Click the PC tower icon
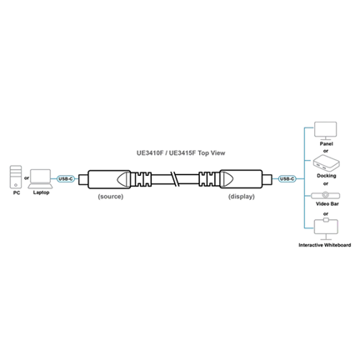(16, 177)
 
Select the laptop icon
(41, 179)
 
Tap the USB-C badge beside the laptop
(66, 179)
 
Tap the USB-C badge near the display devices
(287, 179)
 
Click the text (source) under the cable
(111, 197)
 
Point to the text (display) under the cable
(242, 197)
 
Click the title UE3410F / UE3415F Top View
(181, 153)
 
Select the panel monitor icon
(325, 131)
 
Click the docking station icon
(326, 163)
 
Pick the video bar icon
(325, 195)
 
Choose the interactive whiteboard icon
(326, 229)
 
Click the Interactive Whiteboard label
(325, 245)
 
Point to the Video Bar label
(327, 204)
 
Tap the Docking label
(327, 176)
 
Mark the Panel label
(326, 143)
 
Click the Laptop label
(41, 192)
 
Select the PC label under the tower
(17, 192)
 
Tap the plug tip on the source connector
(83, 179)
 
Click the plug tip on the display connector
(267, 179)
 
